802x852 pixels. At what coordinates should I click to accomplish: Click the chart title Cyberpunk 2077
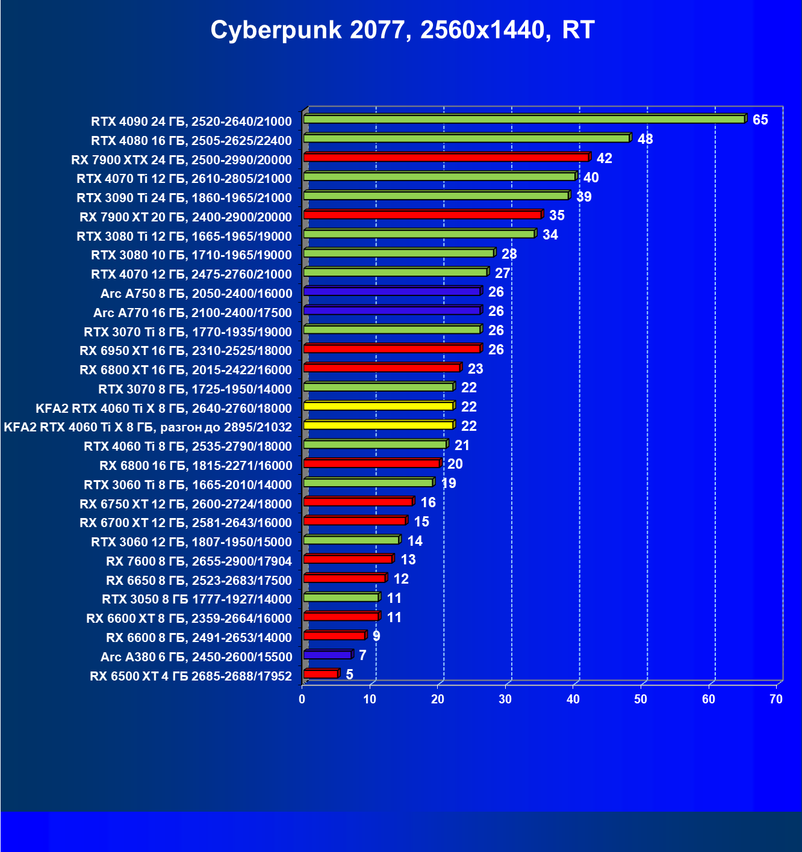(402, 30)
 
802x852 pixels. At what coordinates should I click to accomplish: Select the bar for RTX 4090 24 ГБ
(524, 119)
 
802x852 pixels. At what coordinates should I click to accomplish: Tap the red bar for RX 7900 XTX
(446, 158)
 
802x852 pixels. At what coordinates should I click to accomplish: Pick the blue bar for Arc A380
(328, 655)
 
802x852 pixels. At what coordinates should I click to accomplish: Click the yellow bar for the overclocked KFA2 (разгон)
(378, 425)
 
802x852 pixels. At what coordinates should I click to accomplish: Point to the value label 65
(760, 120)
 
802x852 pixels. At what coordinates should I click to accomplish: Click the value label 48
(645, 139)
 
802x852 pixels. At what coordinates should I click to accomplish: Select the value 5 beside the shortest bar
(349, 674)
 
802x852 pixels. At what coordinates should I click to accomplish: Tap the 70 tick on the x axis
(776, 699)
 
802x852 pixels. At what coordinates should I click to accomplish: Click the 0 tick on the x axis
(302, 699)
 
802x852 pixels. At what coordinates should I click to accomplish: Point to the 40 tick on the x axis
(573, 699)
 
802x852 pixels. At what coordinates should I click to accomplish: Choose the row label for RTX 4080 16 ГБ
(191, 141)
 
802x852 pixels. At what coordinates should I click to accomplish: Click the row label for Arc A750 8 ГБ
(196, 294)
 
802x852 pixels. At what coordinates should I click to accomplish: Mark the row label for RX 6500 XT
(191, 676)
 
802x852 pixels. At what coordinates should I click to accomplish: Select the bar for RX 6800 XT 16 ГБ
(382, 368)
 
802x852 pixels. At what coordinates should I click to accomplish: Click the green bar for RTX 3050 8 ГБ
(341, 597)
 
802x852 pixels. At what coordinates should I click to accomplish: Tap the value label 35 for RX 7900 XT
(557, 215)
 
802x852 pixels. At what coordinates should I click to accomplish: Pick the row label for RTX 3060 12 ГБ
(191, 542)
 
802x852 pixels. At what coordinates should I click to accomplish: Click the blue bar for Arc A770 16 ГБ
(392, 310)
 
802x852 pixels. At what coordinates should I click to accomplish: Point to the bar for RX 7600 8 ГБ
(348, 559)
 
